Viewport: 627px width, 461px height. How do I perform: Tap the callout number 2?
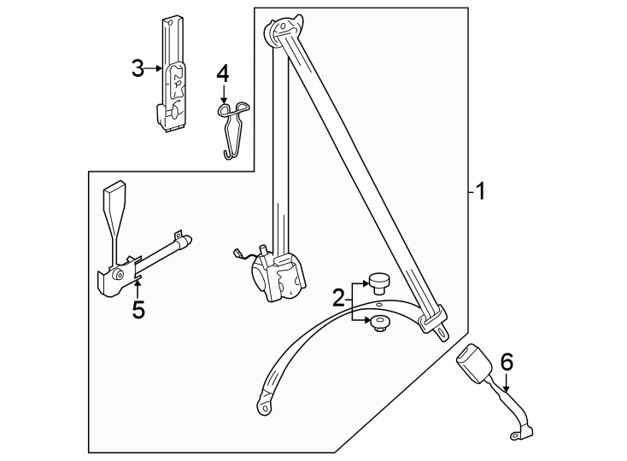click(339, 298)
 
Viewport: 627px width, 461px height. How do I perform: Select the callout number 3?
click(138, 68)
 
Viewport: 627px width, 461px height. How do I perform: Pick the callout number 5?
click(138, 309)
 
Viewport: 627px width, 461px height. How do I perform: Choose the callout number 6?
click(507, 362)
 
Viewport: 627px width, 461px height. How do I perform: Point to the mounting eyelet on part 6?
click(515, 438)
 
